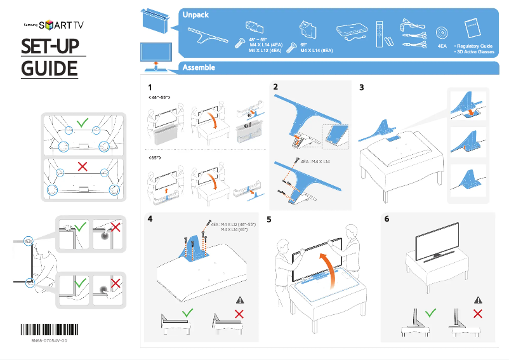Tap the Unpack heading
(195, 14)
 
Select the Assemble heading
(199, 67)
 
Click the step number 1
(150, 87)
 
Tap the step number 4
(150, 219)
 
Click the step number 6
(387, 219)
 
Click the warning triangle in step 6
(478, 300)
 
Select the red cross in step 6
(478, 313)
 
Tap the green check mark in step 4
(188, 313)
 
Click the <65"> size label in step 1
(156, 156)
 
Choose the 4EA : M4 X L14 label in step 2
(315, 162)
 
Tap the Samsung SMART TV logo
(54, 25)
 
